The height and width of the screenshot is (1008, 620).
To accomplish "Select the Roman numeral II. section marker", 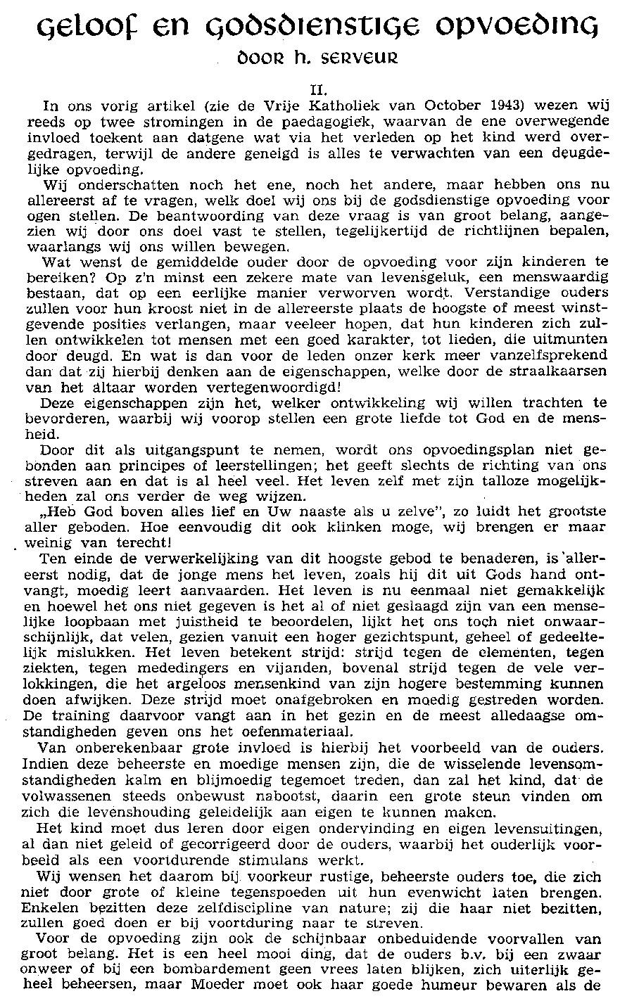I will pyautogui.click(x=310, y=89).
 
